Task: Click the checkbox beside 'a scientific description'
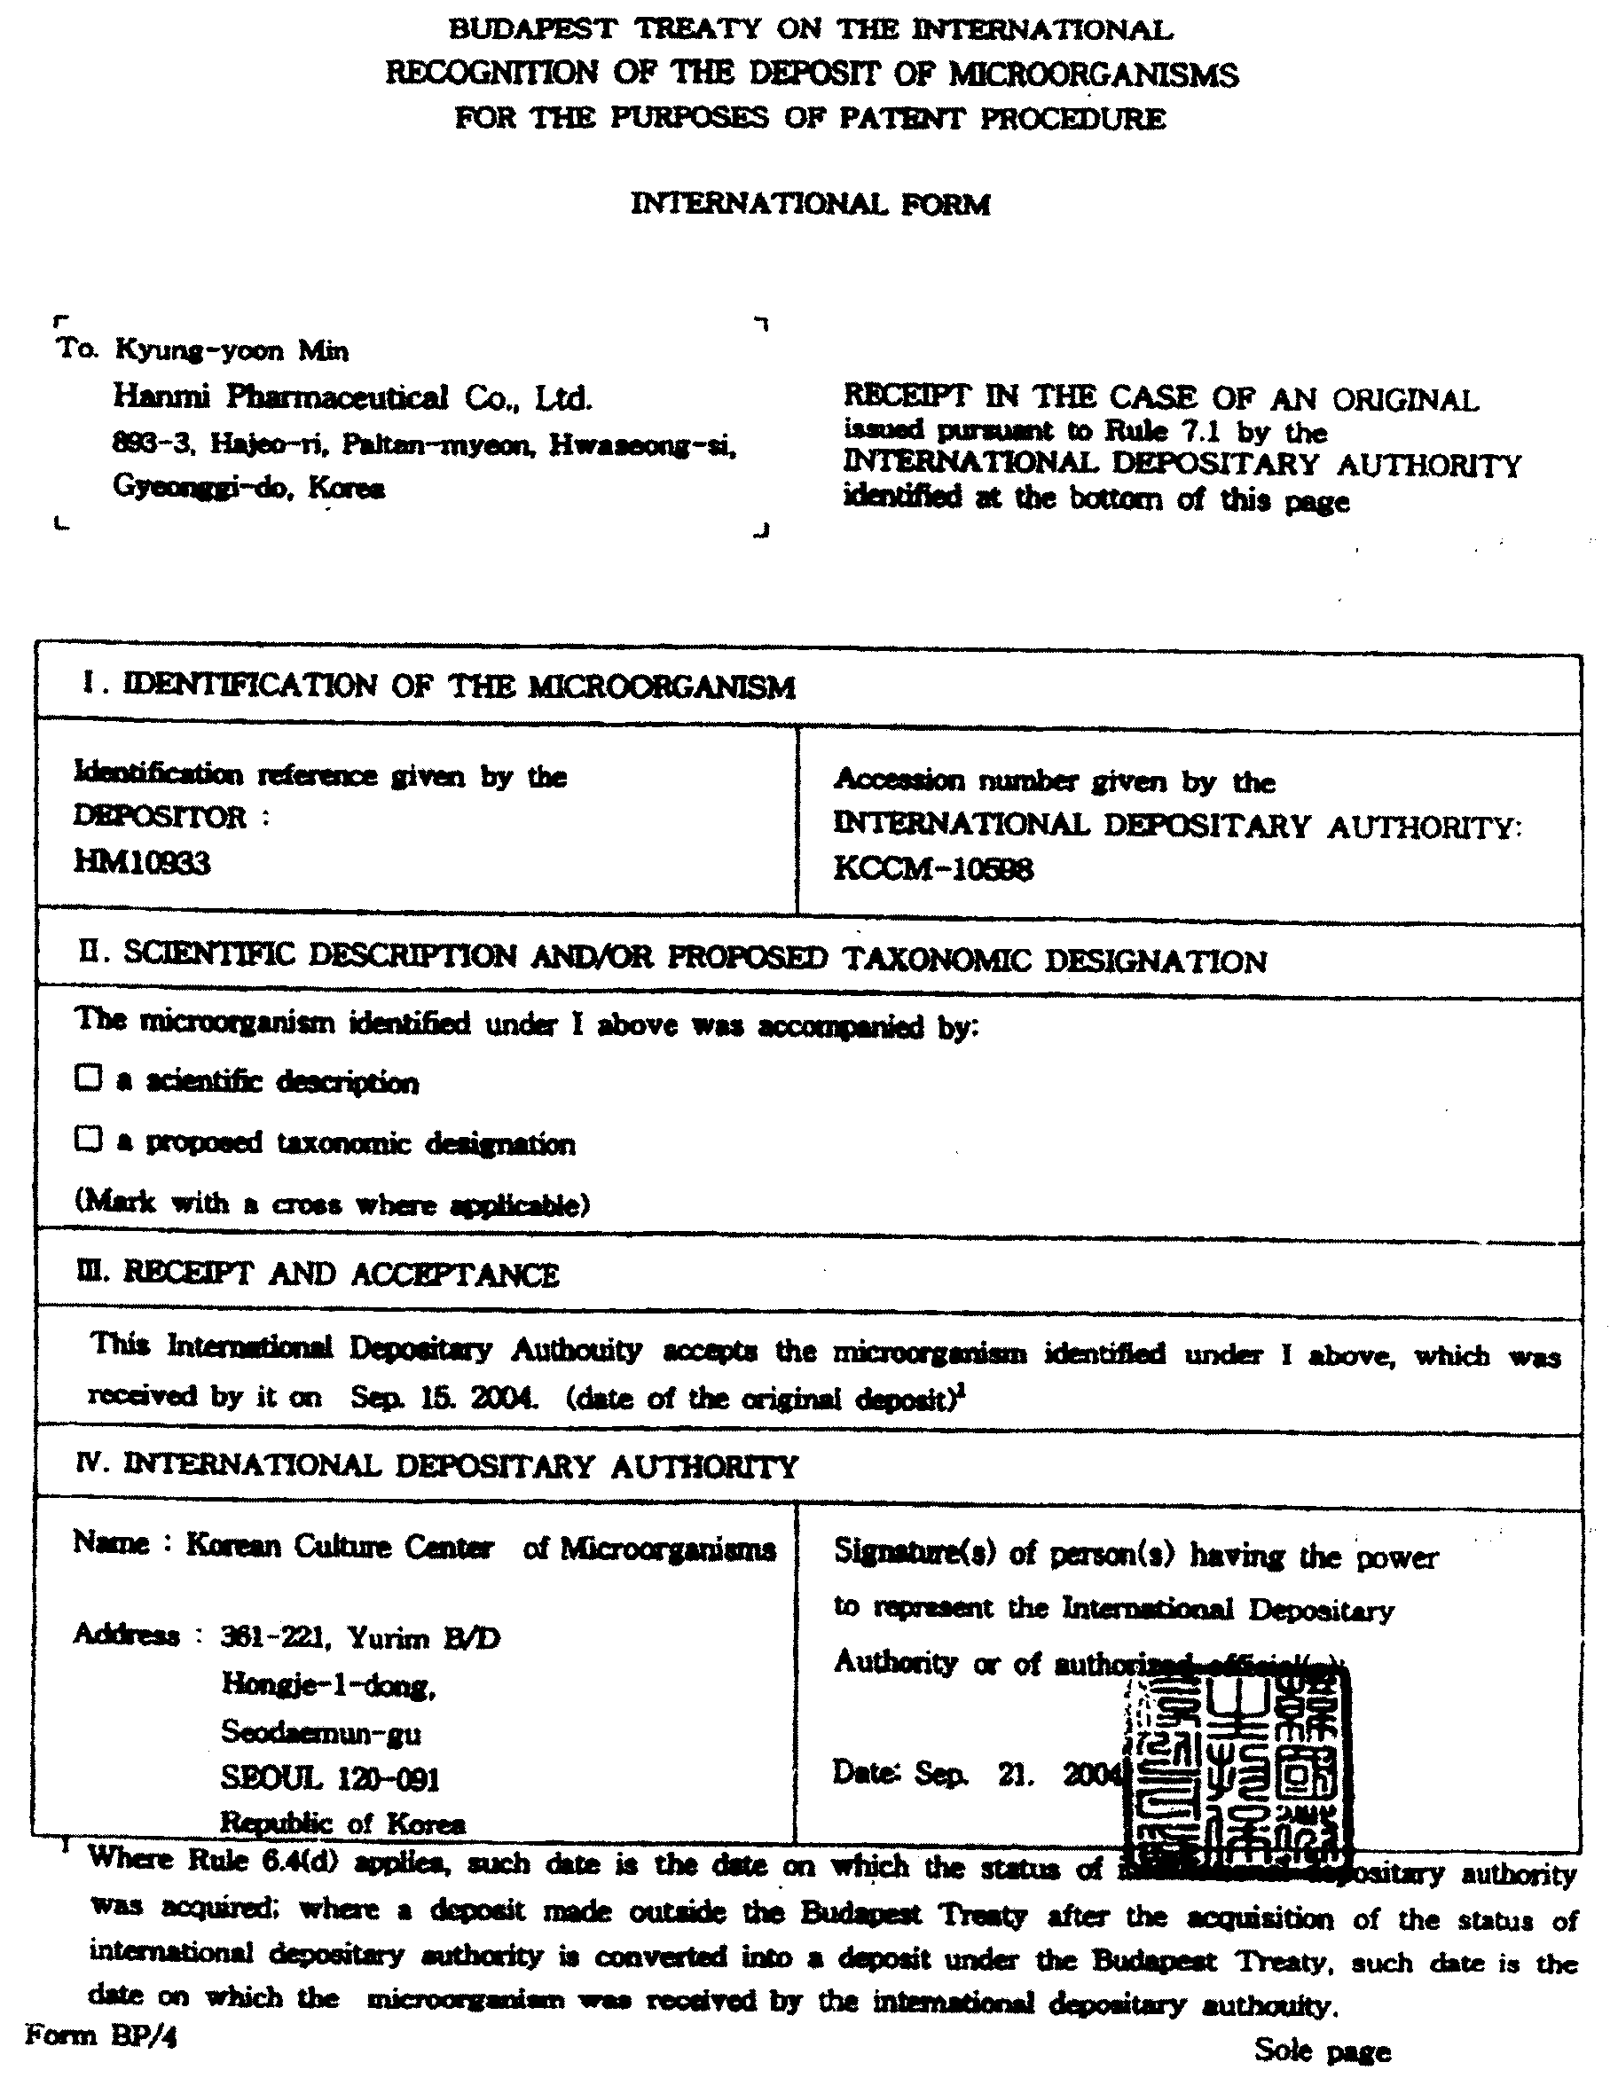(x=88, y=1078)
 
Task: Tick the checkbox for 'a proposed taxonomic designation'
(x=88, y=1139)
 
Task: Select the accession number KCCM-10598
(x=933, y=868)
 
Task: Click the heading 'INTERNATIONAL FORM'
(x=810, y=203)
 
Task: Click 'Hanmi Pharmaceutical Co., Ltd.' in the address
(x=352, y=397)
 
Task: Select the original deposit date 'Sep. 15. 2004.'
(x=444, y=1398)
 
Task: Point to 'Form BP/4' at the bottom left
(x=101, y=2035)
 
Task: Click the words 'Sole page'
(x=1322, y=2050)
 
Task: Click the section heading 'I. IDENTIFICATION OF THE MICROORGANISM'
(x=438, y=686)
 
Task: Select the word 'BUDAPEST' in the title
(x=532, y=29)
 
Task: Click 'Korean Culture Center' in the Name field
(x=339, y=1545)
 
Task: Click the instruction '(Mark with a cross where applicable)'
(x=333, y=1203)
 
